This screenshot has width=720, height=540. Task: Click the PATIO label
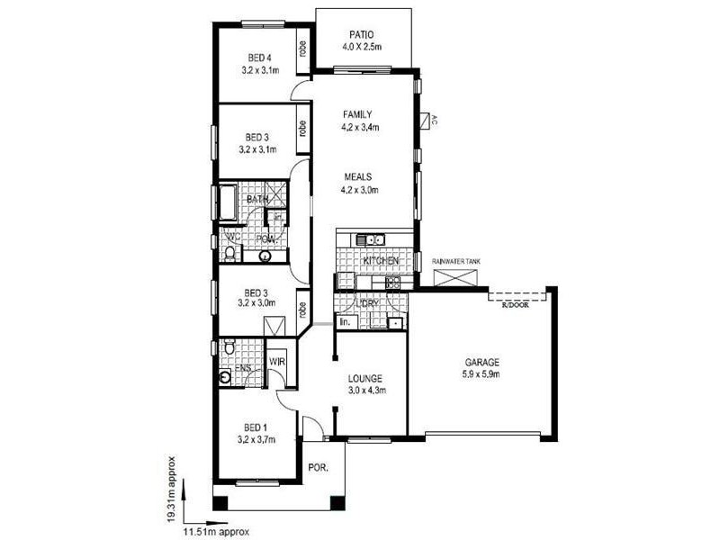(x=363, y=33)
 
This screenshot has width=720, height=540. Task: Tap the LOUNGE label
(x=366, y=378)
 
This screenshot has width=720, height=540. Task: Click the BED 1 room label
(x=256, y=427)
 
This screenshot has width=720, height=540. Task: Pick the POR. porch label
(x=318, y=469)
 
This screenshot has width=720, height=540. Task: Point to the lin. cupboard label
(x=345, y=321)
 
